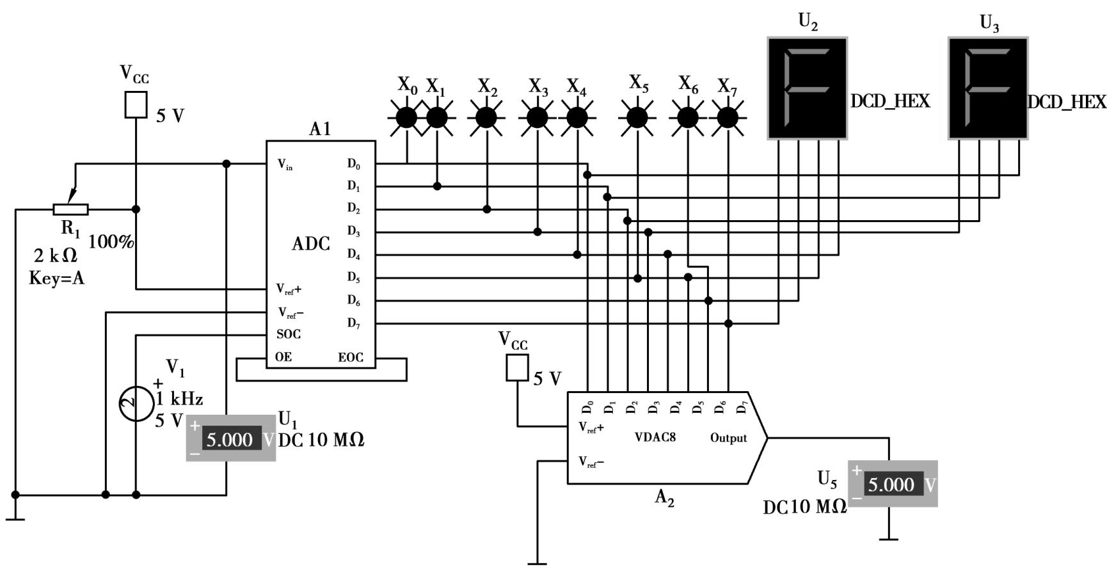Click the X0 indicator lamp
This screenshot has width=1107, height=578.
click(406, 118)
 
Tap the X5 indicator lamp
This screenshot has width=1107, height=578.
click(637, 118)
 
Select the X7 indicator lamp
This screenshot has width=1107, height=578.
click(728, 118)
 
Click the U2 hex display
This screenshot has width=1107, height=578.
click(808, 88)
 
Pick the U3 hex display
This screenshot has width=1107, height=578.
click(988, 88)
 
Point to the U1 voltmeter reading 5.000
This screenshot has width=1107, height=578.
click(231, 439)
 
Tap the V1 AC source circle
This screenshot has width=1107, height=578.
click(136, 404)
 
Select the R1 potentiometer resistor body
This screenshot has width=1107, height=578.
click(70, 209)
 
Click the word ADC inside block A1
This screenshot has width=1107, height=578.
click(311, 244)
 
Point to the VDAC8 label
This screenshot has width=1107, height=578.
click(655, 438)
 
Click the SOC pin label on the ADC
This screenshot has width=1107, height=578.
click(289, 334)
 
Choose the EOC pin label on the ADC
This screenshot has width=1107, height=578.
click(351, 358)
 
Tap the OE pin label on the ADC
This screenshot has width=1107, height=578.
click(283, 357)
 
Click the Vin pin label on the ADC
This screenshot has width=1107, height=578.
click(285, 165)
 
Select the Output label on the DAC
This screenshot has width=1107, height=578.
click(728, 438)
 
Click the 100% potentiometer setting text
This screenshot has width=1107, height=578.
click(111, 242)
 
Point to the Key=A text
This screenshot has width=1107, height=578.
click(56, 278)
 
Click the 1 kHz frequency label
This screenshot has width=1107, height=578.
click(179, 399)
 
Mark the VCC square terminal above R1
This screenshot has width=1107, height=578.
click(136, 105)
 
